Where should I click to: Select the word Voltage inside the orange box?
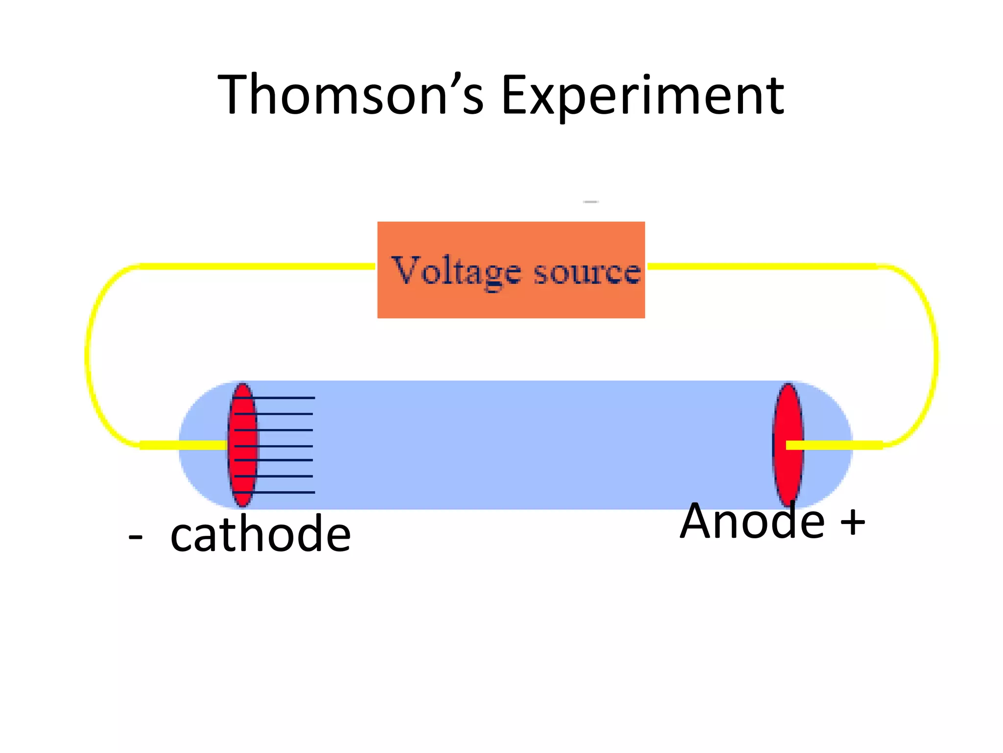point(455,271)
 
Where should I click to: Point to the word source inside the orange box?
point(587,271)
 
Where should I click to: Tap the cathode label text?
point(261,534)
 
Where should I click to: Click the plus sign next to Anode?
point(853,522)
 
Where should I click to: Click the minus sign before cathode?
point(135,537)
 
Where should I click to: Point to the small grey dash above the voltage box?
point(591,201)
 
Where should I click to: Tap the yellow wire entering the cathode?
point(184,445)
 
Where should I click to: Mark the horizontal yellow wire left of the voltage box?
point(255,266)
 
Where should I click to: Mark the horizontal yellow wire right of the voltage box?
point(764,266)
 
